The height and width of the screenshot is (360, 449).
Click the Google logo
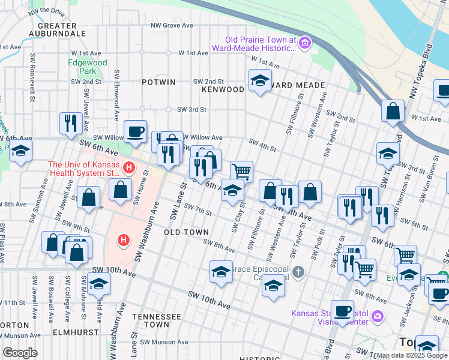[20, 352]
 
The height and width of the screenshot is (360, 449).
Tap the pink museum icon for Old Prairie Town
[305, 42]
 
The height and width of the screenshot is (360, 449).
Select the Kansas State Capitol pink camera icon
[376, 316]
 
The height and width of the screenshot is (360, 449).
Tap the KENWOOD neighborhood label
[223, 89]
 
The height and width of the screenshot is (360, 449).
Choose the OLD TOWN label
[187, 232]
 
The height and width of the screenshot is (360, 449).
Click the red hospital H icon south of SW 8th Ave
[124, 241]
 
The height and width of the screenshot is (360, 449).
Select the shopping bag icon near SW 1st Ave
[393, 112]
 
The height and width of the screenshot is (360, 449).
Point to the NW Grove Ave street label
[172, 26]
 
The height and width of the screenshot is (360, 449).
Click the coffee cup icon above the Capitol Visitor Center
[342, 311]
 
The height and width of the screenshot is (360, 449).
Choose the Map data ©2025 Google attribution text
[411, 355]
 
